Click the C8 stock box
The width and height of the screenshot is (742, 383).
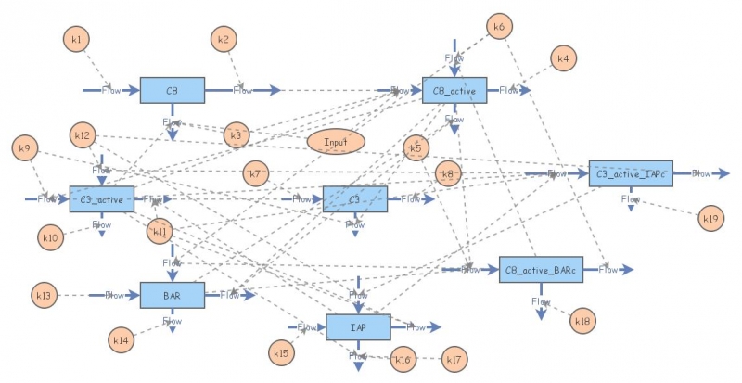pyautogui.click(x=172, y=90)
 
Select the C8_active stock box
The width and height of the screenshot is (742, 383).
pyautogui.click(x=454, y=90)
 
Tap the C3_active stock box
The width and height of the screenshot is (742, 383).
pyautogui.click(x=102, y=198)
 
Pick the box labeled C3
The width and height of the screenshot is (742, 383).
pyautogui.click(x=354, y=198)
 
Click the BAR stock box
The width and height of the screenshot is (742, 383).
pyautogui.click(x=172, y=295)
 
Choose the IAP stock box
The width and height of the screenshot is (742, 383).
pyautogui.click(x=358, y=326)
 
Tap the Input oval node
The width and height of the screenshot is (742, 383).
pyautogui.click(x=336, y=141)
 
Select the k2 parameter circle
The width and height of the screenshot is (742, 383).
pyautogui.click(x=223, y=39)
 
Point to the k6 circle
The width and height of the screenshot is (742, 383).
pyautogui.click(x=498, y=27)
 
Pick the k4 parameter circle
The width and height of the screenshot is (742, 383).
pyautogui.click(x=562, y=58)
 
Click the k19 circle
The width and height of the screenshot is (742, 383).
pyautogui.click(x=710, y=219)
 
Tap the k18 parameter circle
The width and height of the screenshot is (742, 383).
pyautogui.click(x=582, y=321)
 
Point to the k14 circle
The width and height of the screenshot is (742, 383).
pyautogui.click(x=121, y=339)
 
